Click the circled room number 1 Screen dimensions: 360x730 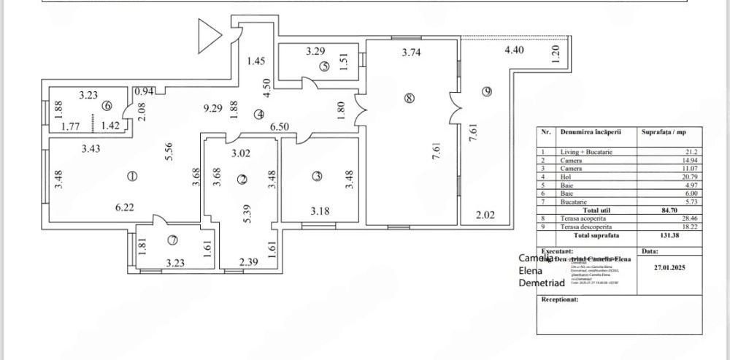(132, 176)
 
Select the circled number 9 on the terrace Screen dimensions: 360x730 (487, 91)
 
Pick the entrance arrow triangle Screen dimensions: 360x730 (210, 36)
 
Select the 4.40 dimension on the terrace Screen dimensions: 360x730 (515, 50)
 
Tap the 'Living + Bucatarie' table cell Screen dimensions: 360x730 (586, 152)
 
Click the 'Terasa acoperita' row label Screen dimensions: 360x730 (586, 218)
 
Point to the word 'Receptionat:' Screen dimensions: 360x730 (561, 299)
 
